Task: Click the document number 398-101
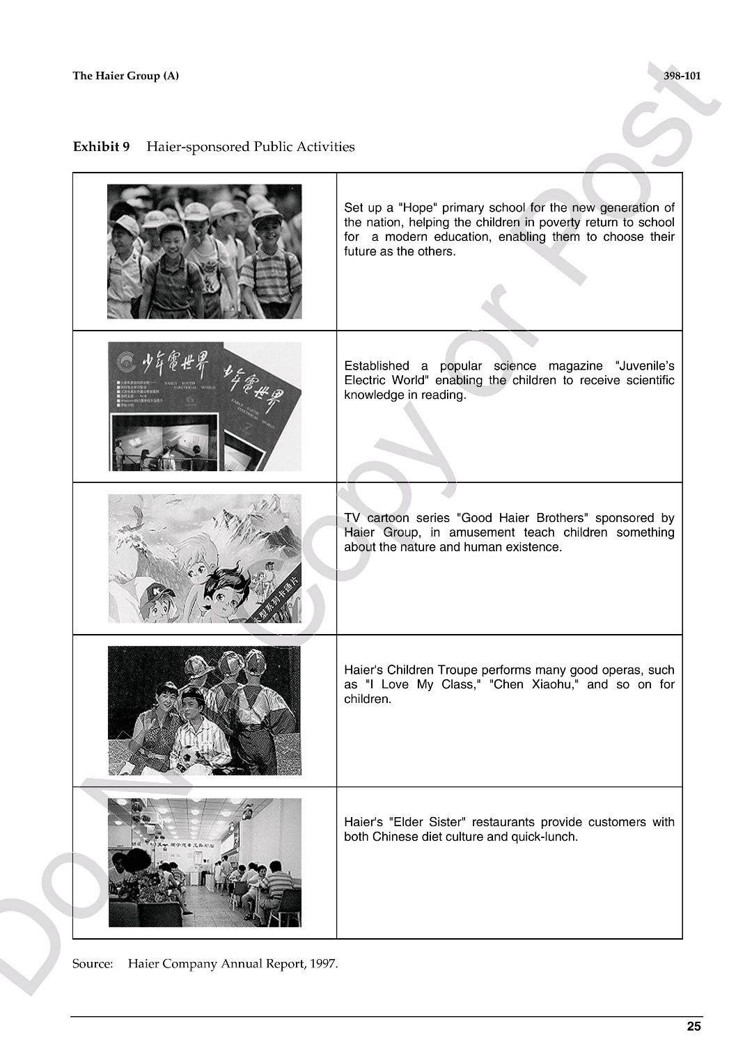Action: click(x=682, y=76)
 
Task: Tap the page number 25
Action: click(x=694, y=1026)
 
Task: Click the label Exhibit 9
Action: click(x=101, y=147)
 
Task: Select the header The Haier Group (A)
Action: click(x=125, y=76)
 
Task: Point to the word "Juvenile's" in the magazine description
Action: click(x=645, y=365)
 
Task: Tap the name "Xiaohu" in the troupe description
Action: click(x=554, y=684)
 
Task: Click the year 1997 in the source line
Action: click(x=323, y=964)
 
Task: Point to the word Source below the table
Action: click(x=92, y=964)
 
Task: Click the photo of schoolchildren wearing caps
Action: click(x=204, y=251)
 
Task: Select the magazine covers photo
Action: click(x=204, y=406)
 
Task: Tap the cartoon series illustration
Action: click(x=204, y=558)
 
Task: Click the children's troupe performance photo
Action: click(x=204, y=711)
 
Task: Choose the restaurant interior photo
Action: click(x=204, y=862)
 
